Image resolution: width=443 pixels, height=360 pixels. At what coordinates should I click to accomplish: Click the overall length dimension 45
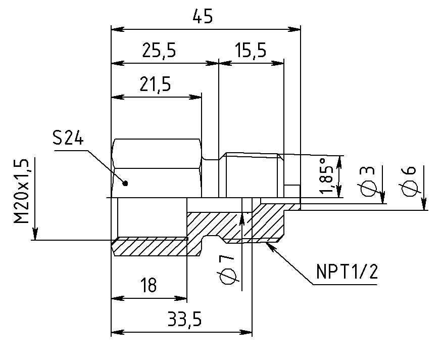click(202, 16)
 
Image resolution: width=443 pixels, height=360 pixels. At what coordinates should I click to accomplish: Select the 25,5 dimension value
click(159, 51)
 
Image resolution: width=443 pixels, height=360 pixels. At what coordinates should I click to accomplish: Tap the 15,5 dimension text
click(251, 51)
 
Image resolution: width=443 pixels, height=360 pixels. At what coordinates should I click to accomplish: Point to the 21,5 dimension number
click(155, 84)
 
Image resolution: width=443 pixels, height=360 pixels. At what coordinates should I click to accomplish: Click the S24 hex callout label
click(68, 139)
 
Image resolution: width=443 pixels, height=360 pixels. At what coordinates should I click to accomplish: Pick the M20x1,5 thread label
click(22, 191)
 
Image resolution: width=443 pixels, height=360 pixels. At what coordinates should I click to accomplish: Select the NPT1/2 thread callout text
click(347, 272)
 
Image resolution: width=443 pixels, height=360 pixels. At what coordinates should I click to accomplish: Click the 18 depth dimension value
click(149, 285)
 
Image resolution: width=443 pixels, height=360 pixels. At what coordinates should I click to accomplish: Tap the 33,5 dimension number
click(185, 319)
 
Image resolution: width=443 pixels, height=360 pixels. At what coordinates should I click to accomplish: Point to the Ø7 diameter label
click(227, 269)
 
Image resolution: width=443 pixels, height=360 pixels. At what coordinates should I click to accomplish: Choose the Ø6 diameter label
click(409, 182)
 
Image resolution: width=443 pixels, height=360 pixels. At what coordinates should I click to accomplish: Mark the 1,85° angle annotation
click(326, 175)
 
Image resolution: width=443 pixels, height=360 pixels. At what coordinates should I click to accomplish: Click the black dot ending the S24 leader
click(126, 184)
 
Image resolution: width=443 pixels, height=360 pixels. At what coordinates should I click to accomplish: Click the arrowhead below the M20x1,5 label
click(34, 234)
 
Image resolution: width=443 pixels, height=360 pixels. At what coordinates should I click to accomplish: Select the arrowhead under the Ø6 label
click(424, 204)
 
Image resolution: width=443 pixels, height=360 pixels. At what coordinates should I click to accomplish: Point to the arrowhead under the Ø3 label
click(382, 197)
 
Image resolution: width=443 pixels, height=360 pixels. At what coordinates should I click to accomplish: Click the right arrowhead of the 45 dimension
click(294, 29)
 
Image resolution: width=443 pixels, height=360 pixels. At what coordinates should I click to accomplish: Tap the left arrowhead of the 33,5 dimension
click(118, 332)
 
